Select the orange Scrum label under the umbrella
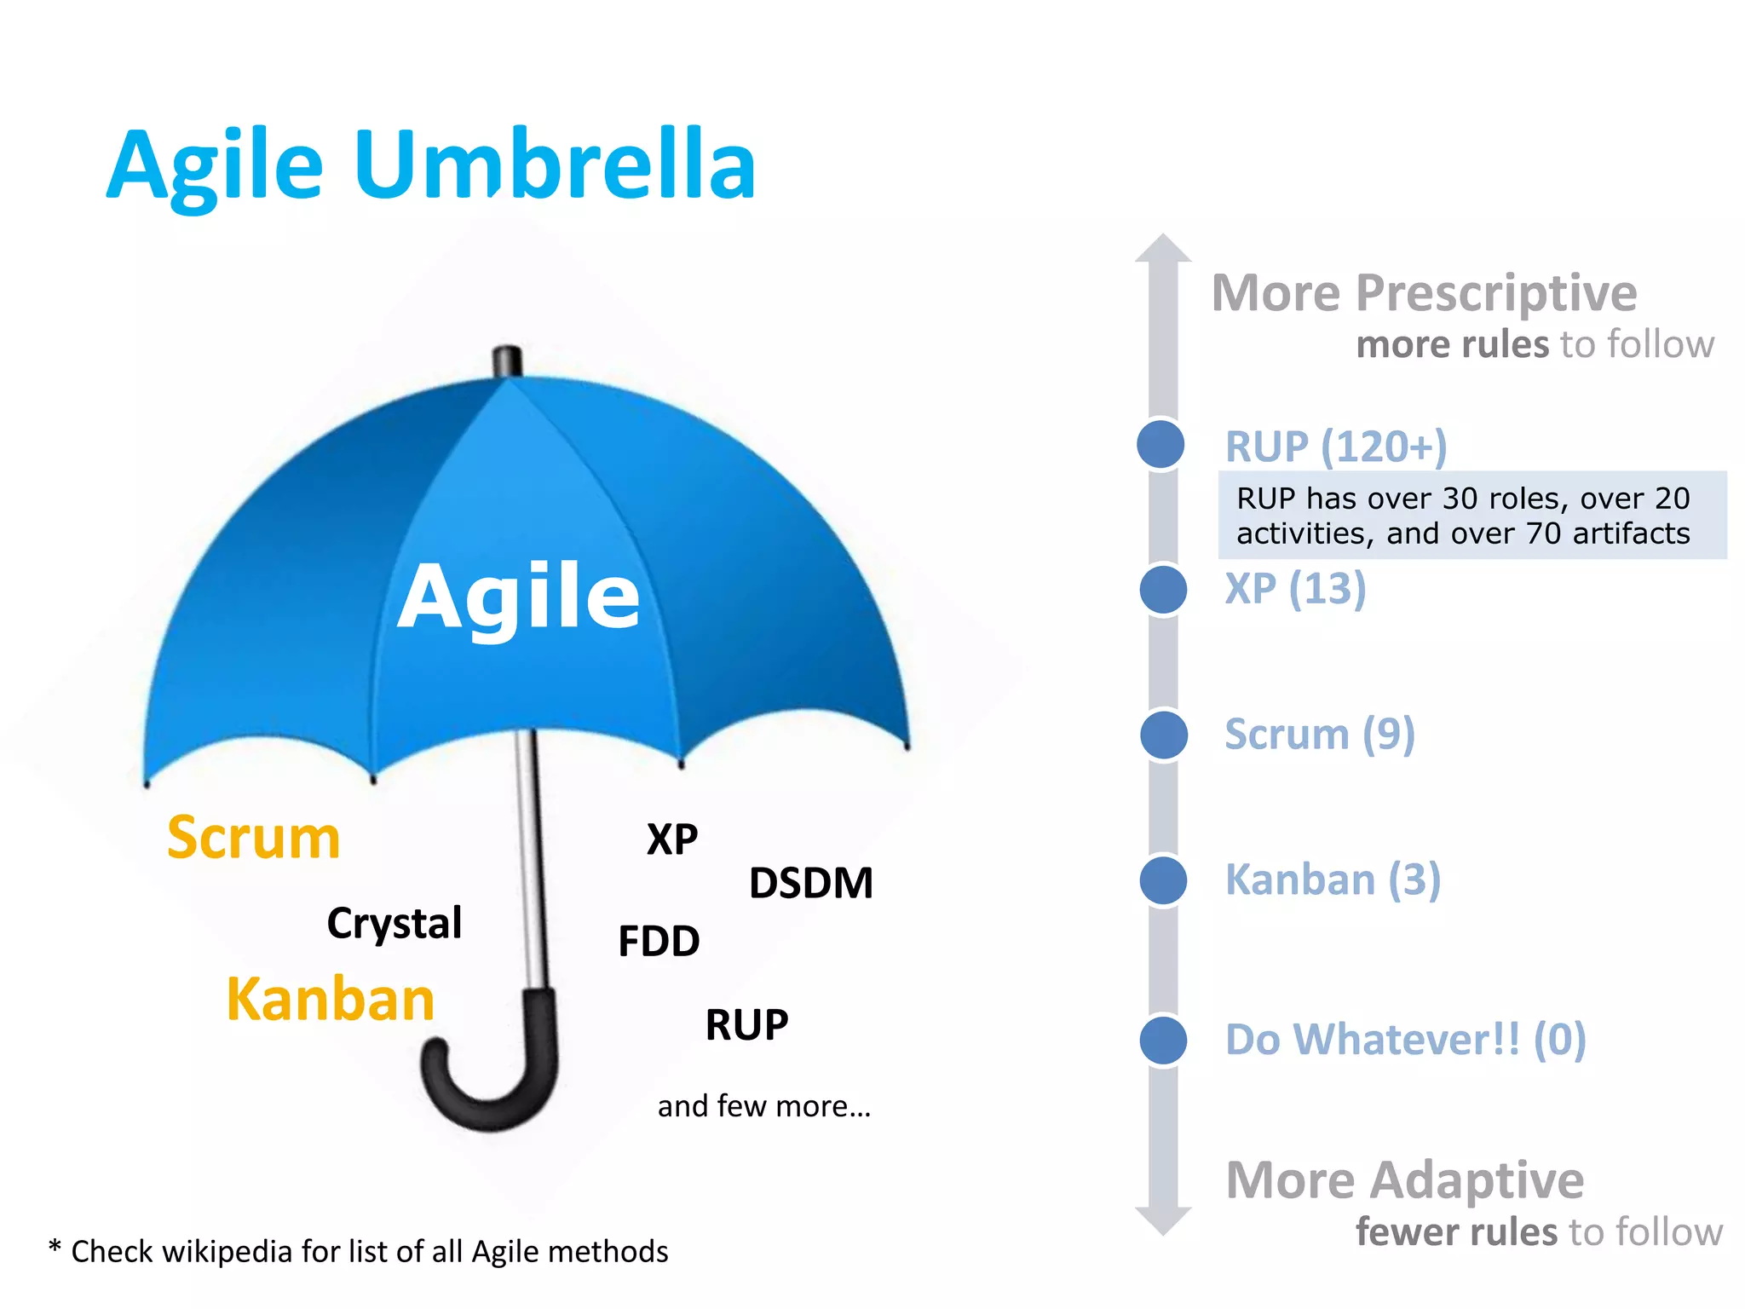(x=254, y=838)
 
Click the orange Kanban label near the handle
(x=331, y=999)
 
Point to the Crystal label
(x=394, y=924)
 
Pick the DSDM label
(x=811, y=883)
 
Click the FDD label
(x=659, y=942)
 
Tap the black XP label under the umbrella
(x=672, y=840)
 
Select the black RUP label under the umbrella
(x=746, y=1024)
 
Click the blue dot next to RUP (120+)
(x=1160, y=444)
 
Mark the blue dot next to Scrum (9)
(x=1163, y=735)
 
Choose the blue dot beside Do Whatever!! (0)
(x=1163, y=1040)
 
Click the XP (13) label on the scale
(x=1295, y=589)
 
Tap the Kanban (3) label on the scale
(x=1333, y=879)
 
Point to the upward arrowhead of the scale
(x=1163, y=248)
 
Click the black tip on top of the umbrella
(x=508, y=361)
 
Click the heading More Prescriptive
(x=1424, y=293)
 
